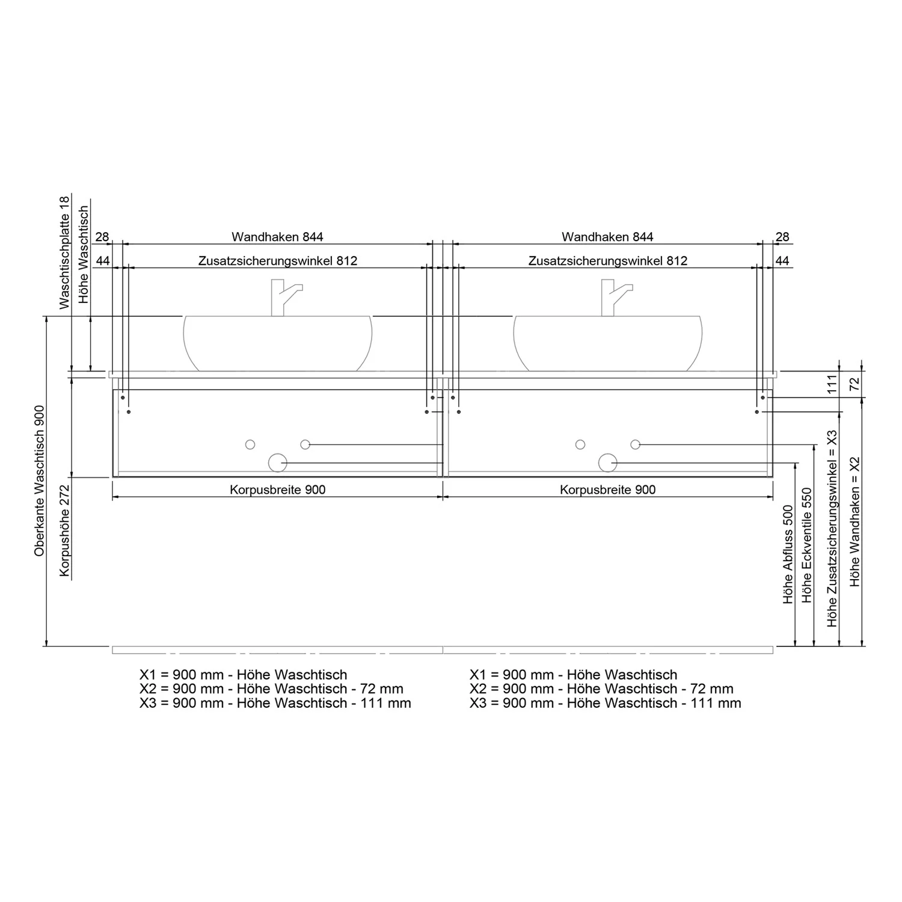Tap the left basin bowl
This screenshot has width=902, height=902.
click(x=278, y=343)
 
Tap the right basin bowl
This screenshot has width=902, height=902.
click(x=608, y=343)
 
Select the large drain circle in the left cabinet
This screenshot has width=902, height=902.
click(x=277, y=462)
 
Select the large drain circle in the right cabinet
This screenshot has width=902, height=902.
click(x=608, y=462)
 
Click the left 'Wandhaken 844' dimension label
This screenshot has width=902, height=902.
click(x=277, y=237)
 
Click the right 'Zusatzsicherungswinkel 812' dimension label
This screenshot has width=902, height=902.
click(x=608, y=261)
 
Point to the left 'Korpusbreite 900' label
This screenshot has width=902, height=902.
click(x=278, y=489)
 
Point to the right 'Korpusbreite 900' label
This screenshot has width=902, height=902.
click(x=608, y=489)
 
